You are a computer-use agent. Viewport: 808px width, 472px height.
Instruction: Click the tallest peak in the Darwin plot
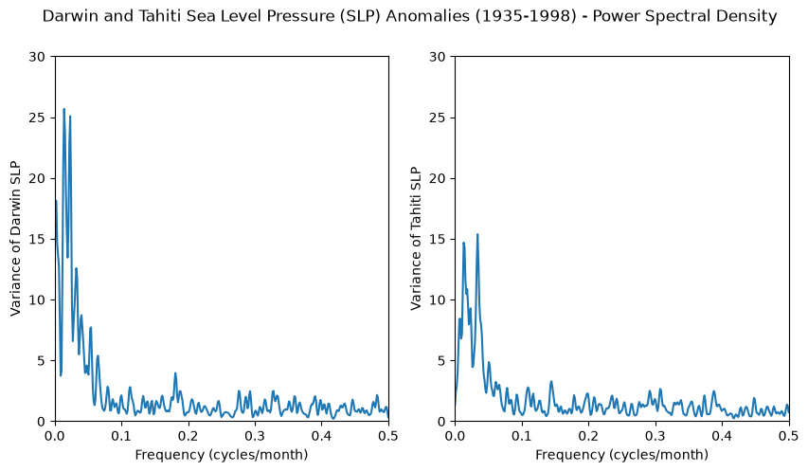pyautogui.click(x=63, y=109)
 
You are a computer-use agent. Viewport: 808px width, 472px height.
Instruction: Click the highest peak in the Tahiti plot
pyautogui.click(x=477, y=235)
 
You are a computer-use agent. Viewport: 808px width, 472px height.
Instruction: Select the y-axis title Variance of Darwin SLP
pyautogui.click(x=15, y=238)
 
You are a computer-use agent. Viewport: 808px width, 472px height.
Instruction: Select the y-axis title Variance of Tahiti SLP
pyautogui.click(x=416, y=238)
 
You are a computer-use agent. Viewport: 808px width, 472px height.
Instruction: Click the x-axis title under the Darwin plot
pyautogui.click(x=222, y=454)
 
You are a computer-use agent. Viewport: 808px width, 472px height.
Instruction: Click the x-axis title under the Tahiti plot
pyautogui.click(x=622, y=454)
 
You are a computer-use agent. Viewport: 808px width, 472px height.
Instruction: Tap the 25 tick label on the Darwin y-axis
pyautogui.click(x=38, y=118)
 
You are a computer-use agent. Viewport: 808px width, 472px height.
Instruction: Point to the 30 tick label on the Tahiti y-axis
pyautogui.click(x=438, y=57)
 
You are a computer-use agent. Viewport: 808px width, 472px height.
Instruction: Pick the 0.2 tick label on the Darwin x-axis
pyautogui.click(x=189, y=436)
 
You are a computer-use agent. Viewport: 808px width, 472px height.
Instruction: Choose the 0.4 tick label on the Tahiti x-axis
pyautogui.click(x=722, y=436)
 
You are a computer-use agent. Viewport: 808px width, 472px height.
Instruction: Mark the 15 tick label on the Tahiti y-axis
pyautogui.click(x=438, y=240)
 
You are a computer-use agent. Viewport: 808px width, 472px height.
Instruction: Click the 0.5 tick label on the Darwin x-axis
pyautogui.click(x=388, y=436)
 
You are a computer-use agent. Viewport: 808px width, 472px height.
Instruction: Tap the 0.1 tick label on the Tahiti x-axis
pyautogui.click(x=522, y=436)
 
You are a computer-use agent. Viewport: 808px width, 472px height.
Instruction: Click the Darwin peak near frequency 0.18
pyautogui.click(x=175, y=373)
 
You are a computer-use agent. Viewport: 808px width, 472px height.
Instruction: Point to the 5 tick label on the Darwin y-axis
pyautogui.click(x=42, y=361)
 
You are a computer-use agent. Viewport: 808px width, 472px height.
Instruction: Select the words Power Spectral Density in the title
pyautogui.click(x=685, y=16)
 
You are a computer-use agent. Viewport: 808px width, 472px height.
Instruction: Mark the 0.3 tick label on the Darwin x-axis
pyautogui.click(x=255, y=436)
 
